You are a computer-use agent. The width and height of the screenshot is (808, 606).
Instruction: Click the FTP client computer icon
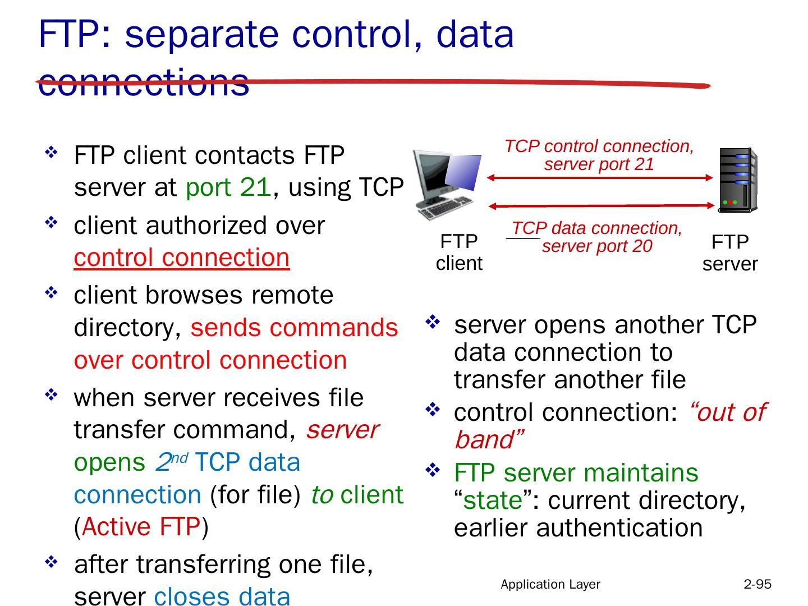click(x=446, y=185)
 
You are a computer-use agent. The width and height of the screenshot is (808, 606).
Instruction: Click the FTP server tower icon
click(x=737, y=180)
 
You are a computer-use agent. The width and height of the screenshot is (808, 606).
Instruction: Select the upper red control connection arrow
click(x=599, y=178)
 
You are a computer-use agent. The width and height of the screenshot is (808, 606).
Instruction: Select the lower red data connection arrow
click(x=599, y=206)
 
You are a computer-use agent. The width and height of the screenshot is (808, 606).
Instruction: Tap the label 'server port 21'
click(x=599, y=164)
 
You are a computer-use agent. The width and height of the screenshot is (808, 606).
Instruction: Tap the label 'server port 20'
click(x=597, y=246)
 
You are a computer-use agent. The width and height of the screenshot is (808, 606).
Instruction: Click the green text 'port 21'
click(x=228, y=187)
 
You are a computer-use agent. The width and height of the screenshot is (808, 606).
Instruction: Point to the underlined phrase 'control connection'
click(x=182, y=258)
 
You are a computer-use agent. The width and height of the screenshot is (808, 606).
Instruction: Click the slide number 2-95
click(x=757, y=584)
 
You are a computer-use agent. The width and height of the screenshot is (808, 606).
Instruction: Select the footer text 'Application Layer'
click(x=550, y=584)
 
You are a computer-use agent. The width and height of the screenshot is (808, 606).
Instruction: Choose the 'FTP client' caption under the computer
click(x=459, y=252)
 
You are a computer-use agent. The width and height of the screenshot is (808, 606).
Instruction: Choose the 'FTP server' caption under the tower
click(x=730, y=253)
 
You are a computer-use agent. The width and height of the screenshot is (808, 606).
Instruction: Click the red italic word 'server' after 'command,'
click(x=343, y=430)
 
